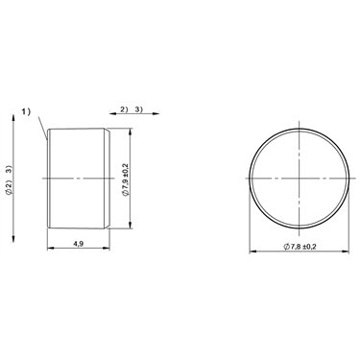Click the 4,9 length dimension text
coord(79,244)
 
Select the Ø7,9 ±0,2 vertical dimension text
coord(126,180)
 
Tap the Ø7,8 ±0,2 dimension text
coord(300,247)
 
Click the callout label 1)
coord(26,111)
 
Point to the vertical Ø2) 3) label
coord(9,180)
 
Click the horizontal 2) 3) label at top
coord(132,109)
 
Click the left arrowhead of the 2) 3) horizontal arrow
coord(112,113)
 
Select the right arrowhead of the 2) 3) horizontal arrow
coord(156,113)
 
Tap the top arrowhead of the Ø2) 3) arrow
coord(13,117)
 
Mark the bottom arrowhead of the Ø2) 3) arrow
coord(13,239)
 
